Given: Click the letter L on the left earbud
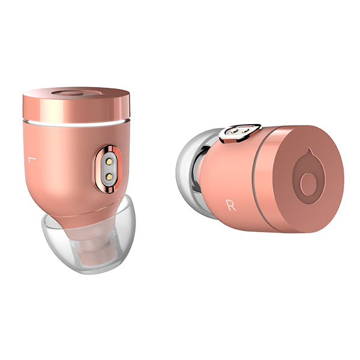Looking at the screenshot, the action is (x=32, y=160).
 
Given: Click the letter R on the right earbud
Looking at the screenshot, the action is (x=231, y=205).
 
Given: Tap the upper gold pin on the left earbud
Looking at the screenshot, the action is (x=109, y=161).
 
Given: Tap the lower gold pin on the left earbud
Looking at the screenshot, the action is (x=109, y=176).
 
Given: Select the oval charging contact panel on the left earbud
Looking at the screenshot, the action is (x=108, y=169).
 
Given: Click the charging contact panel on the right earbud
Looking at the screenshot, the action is (x=240, y=133).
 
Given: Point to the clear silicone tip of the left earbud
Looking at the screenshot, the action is (x=89, y=236).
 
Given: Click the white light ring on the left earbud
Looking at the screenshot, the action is (x=76, y=124).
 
